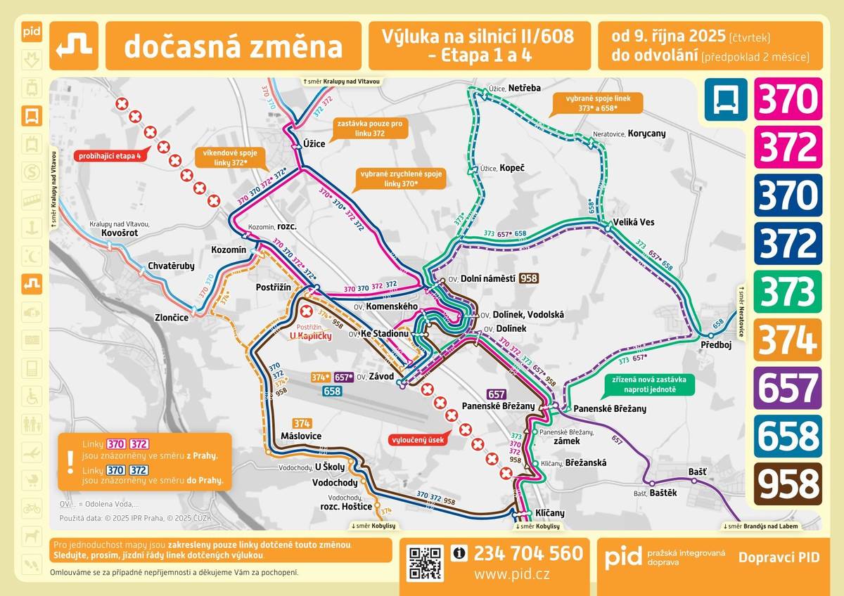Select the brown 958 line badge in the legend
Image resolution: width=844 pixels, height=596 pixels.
788,484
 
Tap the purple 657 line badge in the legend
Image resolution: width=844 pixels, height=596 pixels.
788,388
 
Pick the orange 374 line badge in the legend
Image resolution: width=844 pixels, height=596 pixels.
788,339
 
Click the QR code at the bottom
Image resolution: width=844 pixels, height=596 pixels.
426,563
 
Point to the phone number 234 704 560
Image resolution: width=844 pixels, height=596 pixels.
528,554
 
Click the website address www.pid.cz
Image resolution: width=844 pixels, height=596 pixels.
511,574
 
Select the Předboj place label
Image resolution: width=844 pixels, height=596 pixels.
716,345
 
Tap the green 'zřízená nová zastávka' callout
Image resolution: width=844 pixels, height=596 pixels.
649,384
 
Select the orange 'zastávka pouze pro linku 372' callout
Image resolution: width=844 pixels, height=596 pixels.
369,128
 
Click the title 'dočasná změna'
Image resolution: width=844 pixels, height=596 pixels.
233,46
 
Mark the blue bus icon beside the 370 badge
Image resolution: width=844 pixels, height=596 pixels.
724,99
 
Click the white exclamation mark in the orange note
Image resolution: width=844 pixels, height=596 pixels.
70,461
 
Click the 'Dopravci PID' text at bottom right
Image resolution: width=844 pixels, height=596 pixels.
779,557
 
